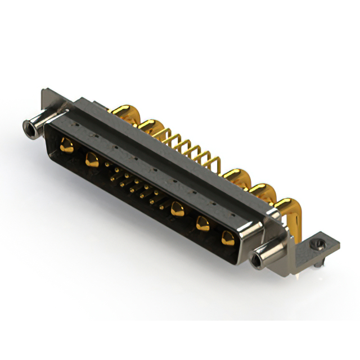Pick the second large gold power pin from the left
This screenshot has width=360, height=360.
point(92,160)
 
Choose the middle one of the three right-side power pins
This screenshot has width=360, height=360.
point(202,224)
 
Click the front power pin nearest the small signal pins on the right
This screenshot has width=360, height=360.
point(178,210)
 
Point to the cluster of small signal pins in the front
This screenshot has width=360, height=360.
point(136,185)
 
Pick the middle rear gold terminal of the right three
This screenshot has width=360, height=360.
point(259,191)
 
